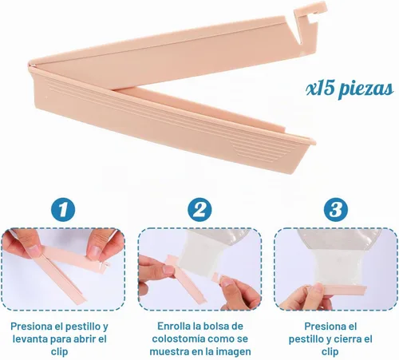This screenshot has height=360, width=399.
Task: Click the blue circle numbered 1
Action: (63, 210)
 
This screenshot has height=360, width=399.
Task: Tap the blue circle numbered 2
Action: (199, 210)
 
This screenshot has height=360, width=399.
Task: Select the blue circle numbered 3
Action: (336, 210)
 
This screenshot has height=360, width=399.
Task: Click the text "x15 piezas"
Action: (350, 89)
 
